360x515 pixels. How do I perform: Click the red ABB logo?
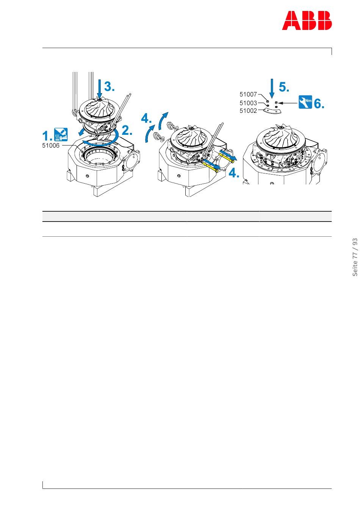tap(307, 20)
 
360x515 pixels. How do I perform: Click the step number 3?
tap(109, 87)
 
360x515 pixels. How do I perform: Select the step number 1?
tap(47, 136)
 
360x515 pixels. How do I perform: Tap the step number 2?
tap(127, 131)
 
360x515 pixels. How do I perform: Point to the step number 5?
tap(283, 87)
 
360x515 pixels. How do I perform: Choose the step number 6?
tap(319, 103)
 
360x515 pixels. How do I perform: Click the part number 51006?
tap(51, 145)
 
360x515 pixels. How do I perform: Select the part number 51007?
tap(248, 94)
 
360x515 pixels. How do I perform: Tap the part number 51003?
tap(248, 103)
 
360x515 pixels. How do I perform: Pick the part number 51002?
tap(248, 111)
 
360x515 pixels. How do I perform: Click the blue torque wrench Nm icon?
tap(305, 102)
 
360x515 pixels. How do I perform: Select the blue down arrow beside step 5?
tap(271, 89)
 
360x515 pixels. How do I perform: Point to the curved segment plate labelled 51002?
tap(272, 111)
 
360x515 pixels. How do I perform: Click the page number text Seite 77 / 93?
tap(355, 257)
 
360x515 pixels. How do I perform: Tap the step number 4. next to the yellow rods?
tap(234, 173)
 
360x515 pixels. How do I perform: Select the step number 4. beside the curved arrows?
tap(146, 119)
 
